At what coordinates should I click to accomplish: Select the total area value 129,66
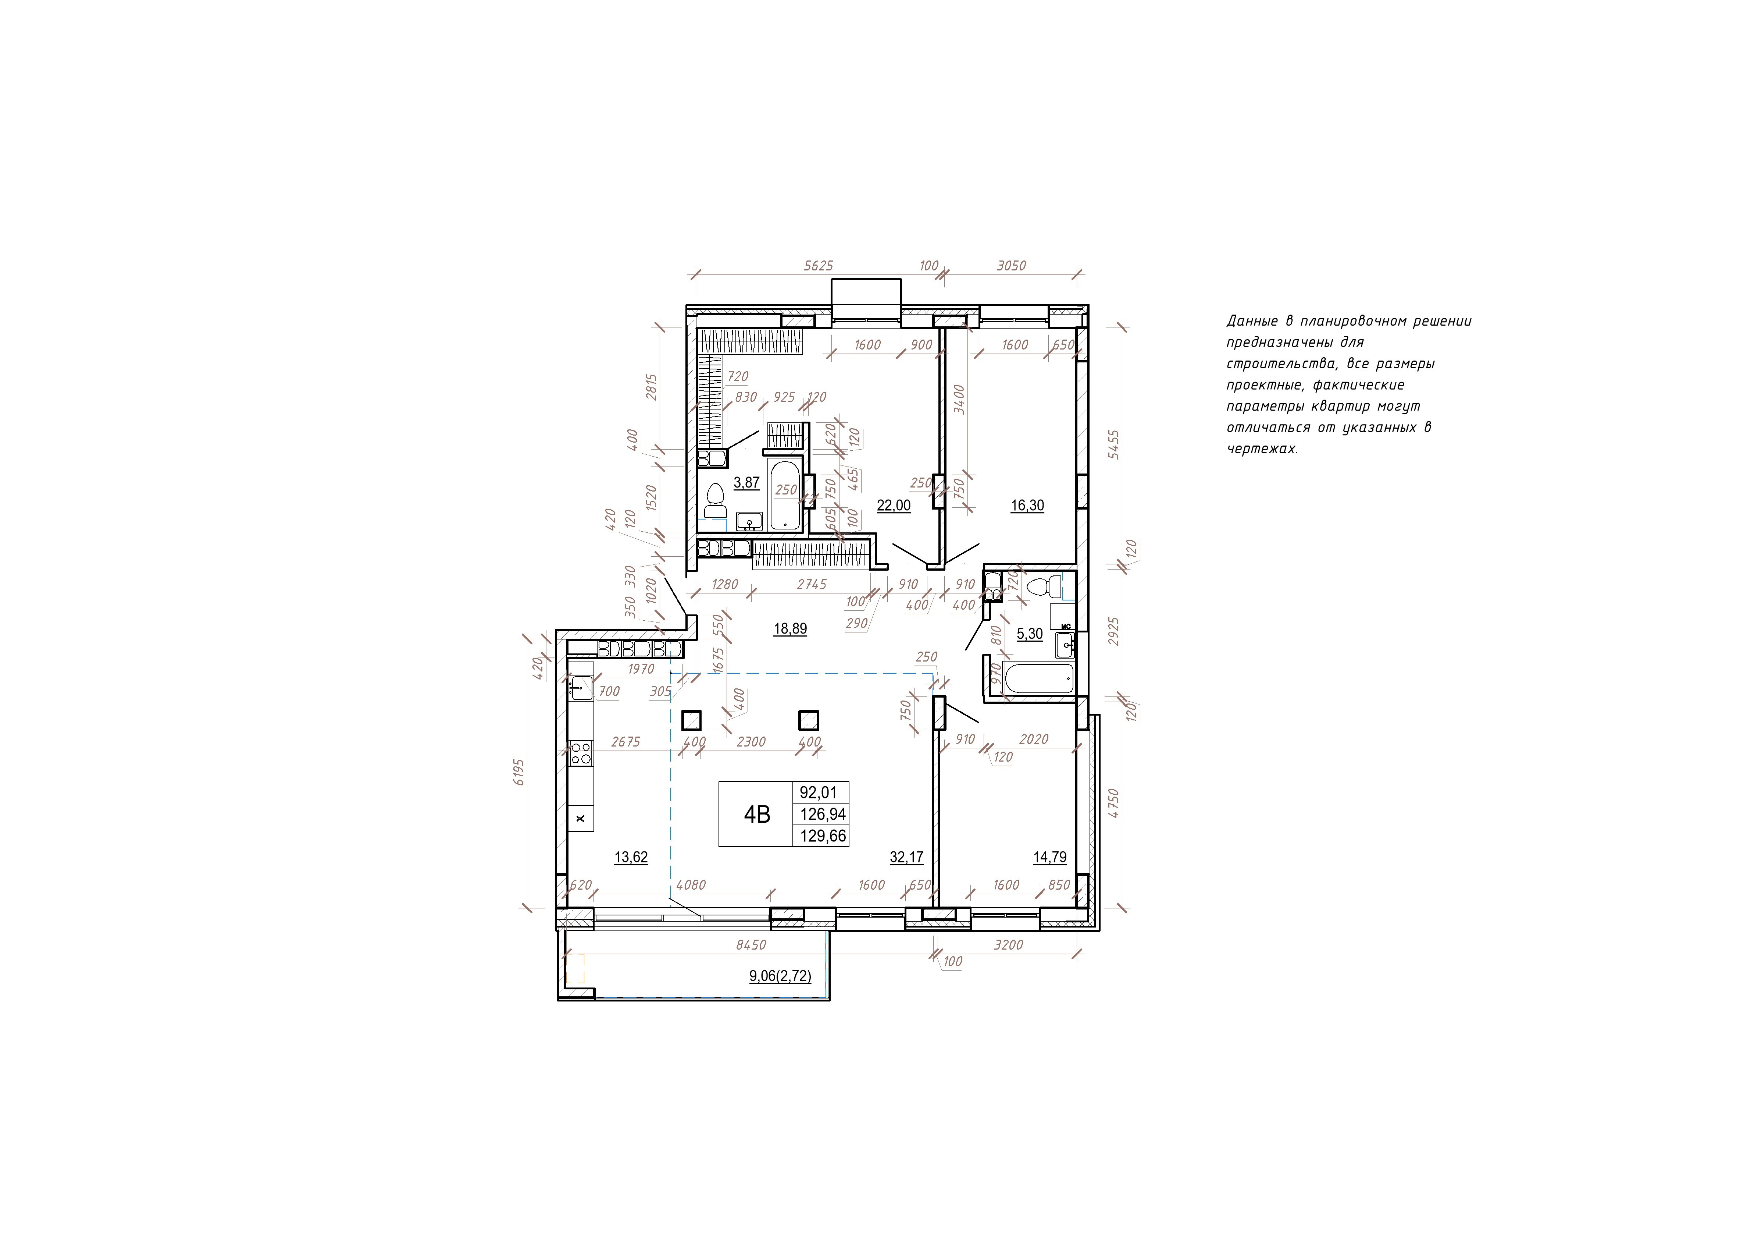(x=823, y=836)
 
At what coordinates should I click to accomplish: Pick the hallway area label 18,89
(x=790, y=629)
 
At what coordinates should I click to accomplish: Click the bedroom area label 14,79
(x=1050, y=857)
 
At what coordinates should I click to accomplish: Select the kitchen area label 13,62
(x=631, y=857)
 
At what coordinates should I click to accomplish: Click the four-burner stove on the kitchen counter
(x=580, y=754)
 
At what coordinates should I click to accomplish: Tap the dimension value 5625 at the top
(x=818, y=266)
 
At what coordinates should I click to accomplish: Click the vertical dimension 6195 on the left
(x=520, y=772)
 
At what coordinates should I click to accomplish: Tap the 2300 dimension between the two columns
(x=751, y=742)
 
